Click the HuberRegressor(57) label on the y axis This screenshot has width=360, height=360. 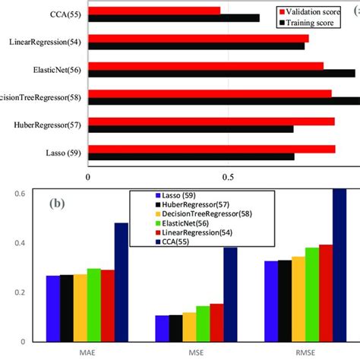coord(45,125)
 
